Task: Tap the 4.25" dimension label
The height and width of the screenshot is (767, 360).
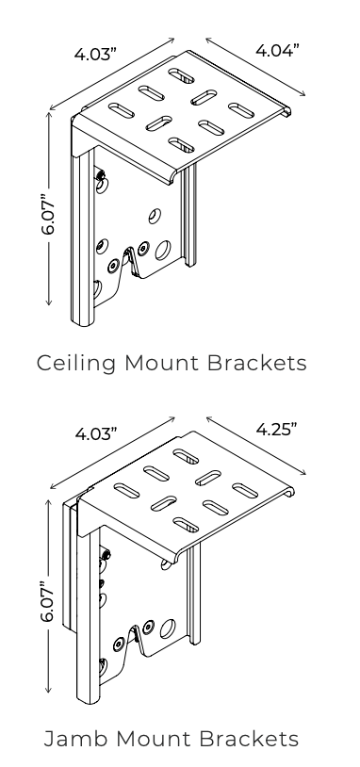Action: point(277,430)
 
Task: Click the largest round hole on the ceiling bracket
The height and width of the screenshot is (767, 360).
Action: point(162,251)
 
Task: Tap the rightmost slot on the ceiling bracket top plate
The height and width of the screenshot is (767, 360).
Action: point(243,110)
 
